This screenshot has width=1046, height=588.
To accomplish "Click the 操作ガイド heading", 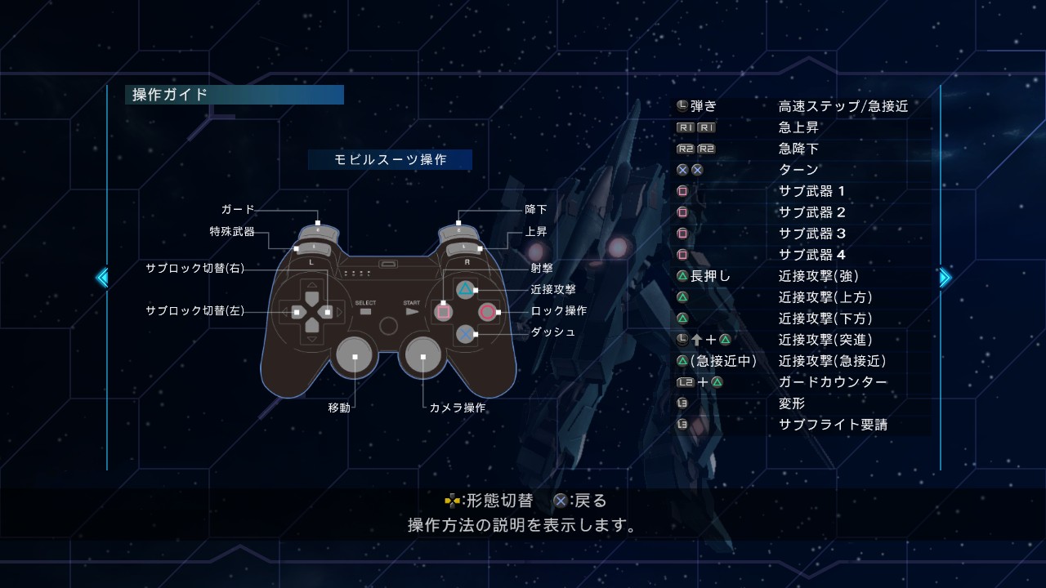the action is [170, 95].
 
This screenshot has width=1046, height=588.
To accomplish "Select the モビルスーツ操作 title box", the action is [390, 159].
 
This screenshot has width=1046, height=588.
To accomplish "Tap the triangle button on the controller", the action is [465, 290].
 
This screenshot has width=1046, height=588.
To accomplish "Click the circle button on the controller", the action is [488, 312].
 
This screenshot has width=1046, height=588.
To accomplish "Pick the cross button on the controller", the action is [465, 334].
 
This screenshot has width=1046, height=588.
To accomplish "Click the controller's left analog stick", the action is [355, 356].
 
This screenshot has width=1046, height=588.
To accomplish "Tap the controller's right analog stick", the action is [422, 356].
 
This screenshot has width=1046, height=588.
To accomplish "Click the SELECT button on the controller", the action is [365, 311].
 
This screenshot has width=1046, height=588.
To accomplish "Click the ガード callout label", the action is [238, 210].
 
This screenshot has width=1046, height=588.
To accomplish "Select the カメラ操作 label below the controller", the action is [457, 408].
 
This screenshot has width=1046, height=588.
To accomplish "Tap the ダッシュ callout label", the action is [553, 332].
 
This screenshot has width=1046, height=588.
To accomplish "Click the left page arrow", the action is [102, 278].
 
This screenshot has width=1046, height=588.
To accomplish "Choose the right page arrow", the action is [945, 278].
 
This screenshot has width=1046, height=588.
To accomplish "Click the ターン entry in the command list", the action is [798, 170].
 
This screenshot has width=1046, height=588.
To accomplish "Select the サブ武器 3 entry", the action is [812, 234].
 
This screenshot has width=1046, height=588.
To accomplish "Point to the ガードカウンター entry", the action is [833, 382].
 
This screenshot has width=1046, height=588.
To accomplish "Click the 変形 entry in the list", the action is [792, 403].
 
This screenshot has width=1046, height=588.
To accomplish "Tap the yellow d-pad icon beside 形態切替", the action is [452, 501].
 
